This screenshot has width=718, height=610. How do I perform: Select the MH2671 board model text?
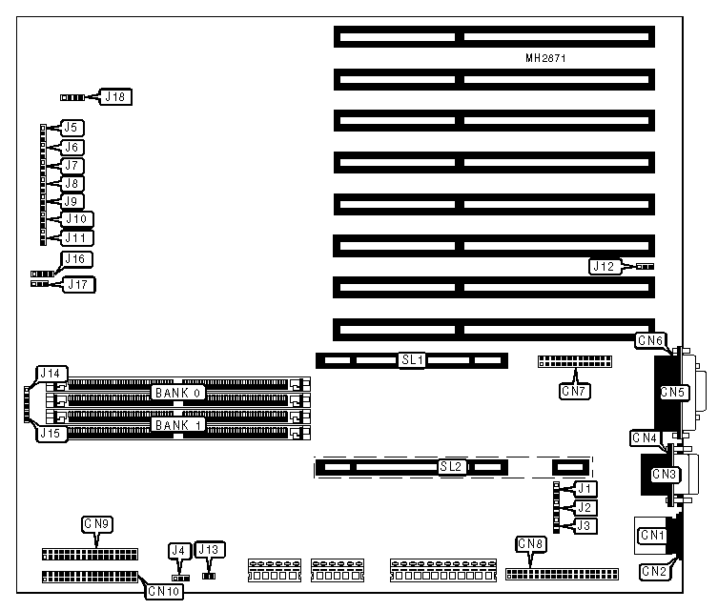coord(547,58)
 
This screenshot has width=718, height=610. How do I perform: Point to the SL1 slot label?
coord(412,360)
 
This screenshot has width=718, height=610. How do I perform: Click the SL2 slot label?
coord(451,467)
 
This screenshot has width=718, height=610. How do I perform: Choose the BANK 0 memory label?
coord(178,393)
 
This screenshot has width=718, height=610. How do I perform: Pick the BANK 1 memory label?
coord(178,424)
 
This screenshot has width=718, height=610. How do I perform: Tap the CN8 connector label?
coord(530,544)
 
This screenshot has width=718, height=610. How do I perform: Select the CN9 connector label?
coord(96,523)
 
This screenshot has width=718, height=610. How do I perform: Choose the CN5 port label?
coord(672,391)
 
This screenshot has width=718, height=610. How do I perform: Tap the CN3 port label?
coord(665,474)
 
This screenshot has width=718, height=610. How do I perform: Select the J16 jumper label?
coord(73,259)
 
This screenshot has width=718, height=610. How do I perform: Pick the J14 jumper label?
coord(49,373)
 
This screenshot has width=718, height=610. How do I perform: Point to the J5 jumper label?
coord(72,128)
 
